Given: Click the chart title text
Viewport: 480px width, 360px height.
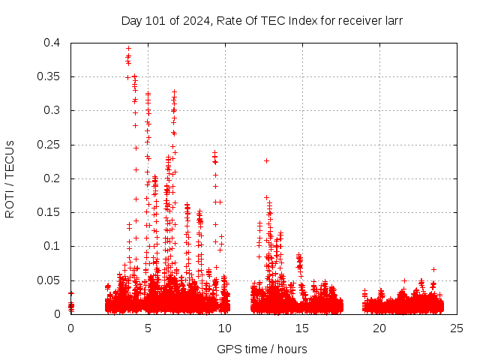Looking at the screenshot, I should click(x=262, y=21).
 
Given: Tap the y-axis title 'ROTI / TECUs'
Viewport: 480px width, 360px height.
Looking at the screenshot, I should click(x=10, y=178).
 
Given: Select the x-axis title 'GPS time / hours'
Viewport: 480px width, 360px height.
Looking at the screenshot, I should click(x=262, y=349).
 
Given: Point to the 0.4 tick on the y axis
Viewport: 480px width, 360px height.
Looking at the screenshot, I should click(x=52, y=43).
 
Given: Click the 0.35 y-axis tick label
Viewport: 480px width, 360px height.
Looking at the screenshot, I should click(x=49, y=76).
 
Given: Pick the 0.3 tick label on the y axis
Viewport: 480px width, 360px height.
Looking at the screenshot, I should click(x=52, y=110).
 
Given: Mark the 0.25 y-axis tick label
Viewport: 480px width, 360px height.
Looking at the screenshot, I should click(x=49, y=144).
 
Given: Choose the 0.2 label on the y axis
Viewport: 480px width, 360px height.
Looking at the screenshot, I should click(x=52, y=178).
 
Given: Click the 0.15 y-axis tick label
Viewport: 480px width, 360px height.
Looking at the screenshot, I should click(x=49, y=212).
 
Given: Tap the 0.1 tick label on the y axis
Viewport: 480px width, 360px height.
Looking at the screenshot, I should click(x=52, y=246).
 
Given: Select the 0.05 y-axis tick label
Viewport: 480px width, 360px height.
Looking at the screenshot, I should click(x=49, y=280).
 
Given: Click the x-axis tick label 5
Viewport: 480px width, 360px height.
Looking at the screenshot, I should click(x=148, y=328).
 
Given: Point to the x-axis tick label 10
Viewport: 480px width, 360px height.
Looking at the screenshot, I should click(x=225, y=328).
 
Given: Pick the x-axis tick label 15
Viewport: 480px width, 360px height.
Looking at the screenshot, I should click(x=302, y=328).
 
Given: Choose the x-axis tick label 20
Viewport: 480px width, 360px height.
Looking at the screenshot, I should click(x=379, y=328).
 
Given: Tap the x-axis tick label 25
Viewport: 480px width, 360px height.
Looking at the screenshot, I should click(x=457, y=328).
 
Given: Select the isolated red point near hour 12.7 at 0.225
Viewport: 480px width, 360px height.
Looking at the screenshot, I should click(x=266, y=160).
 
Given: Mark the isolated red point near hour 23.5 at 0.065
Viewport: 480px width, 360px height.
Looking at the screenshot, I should click(x=433, y=269).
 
